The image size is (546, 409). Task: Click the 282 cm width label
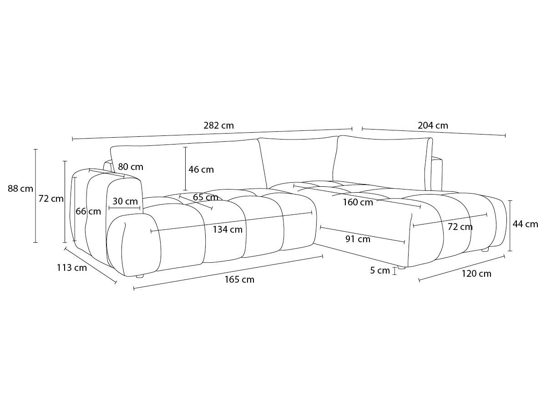coord(219,125)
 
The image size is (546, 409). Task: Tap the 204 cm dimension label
coord(433,125)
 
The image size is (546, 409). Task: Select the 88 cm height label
coord(20,189)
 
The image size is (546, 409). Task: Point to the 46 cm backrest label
coord(201,170)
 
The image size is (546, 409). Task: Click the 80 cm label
coord(131,167)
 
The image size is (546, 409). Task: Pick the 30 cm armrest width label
coord(125,201)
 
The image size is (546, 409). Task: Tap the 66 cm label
coord(88,211)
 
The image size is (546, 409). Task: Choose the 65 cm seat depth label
coord(206,197)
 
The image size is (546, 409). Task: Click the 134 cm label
coord(227,229)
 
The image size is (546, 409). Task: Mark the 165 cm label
coord(239,279)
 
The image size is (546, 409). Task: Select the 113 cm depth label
coord(72,268)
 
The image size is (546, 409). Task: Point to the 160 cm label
coord(358,202)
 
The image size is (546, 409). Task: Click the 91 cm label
coord(358,239)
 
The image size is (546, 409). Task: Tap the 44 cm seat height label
coord(525,224)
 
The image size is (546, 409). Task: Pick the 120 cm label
coord(476,274)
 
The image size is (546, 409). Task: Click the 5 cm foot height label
coord(380,270)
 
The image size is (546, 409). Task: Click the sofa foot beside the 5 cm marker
coord(401,268)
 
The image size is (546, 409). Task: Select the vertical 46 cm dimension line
coord(185,169)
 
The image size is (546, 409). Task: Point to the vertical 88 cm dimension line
coord(35,196)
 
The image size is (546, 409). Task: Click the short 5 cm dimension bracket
coord(395,271)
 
